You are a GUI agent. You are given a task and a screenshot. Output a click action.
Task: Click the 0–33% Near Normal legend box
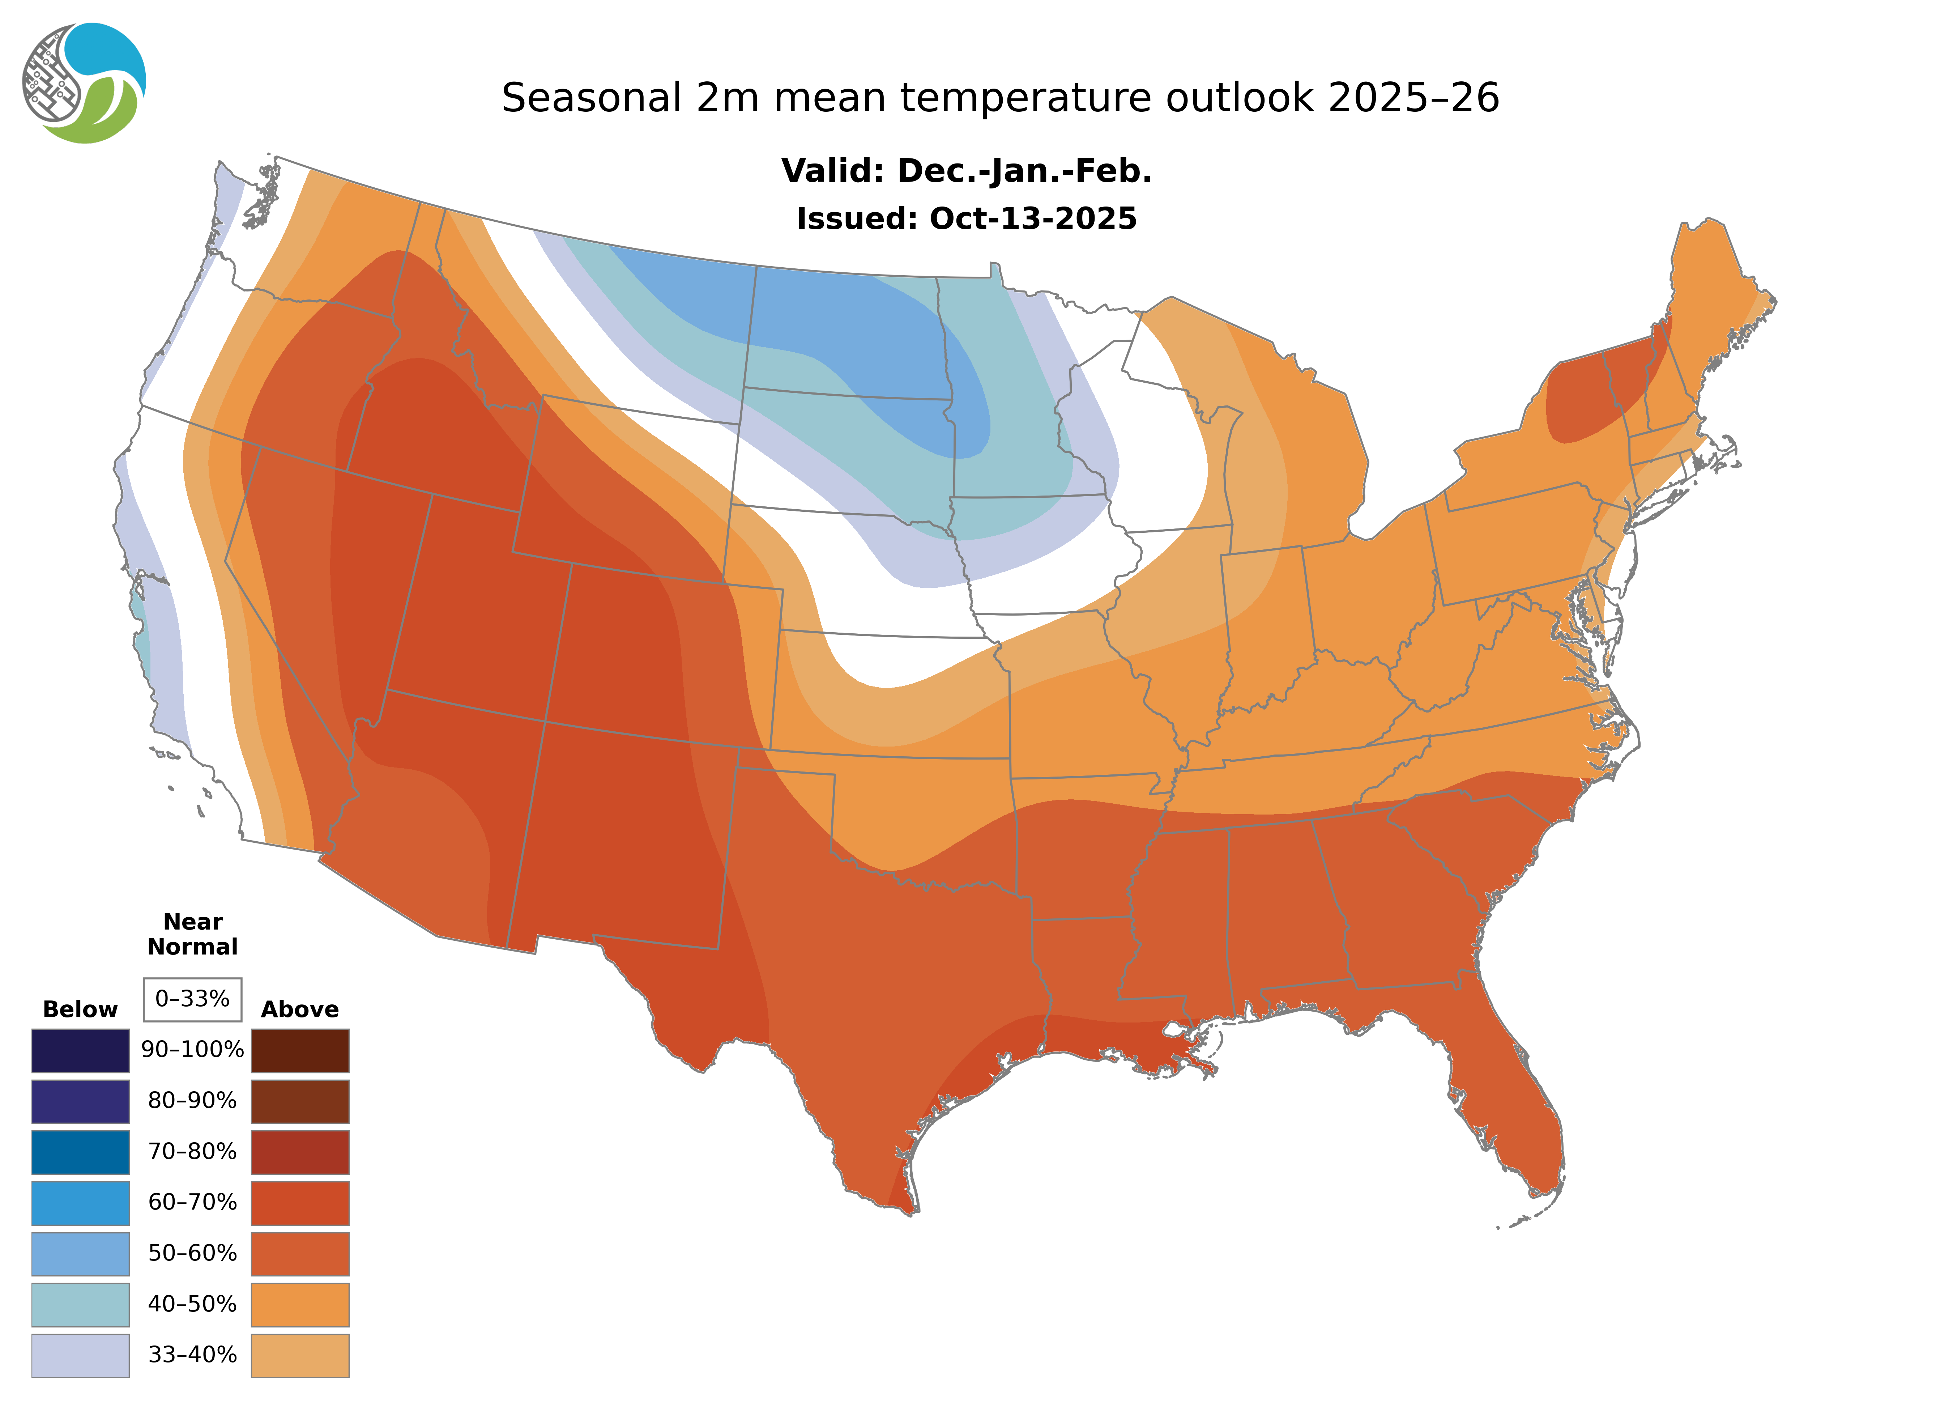192,999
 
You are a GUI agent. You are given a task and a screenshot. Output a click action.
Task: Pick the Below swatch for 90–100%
80,1050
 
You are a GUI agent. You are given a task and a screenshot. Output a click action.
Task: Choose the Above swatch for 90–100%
300,1050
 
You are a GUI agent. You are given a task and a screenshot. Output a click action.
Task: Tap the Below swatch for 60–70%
80,1203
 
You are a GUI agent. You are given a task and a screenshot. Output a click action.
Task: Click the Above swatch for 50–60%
300,1253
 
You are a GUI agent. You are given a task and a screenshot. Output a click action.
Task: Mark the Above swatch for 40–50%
300,1304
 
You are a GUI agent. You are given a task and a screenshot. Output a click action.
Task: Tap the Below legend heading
80,1009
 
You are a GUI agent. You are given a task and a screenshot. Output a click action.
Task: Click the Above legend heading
300,1009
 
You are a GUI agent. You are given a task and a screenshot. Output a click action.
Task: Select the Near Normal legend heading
192,934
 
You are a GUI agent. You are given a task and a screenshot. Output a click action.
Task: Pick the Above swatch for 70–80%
300,1152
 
